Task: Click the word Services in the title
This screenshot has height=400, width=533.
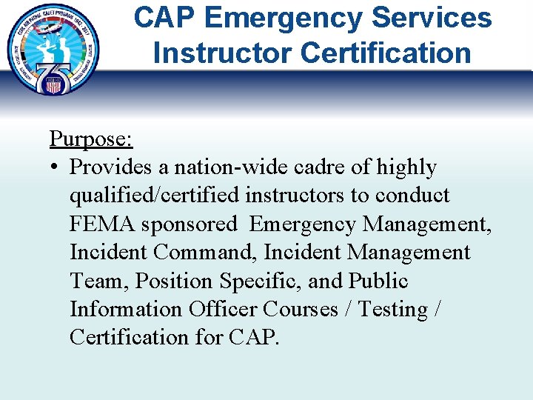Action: point(428,19)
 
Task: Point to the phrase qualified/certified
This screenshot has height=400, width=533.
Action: point(155,196)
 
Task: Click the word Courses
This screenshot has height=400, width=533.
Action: point(301,309)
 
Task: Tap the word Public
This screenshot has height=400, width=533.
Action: point(378,281)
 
